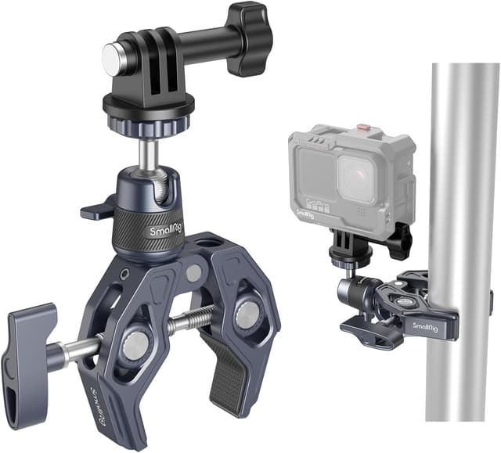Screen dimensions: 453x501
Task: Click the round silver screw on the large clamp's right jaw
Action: click(x=247, y=315)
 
